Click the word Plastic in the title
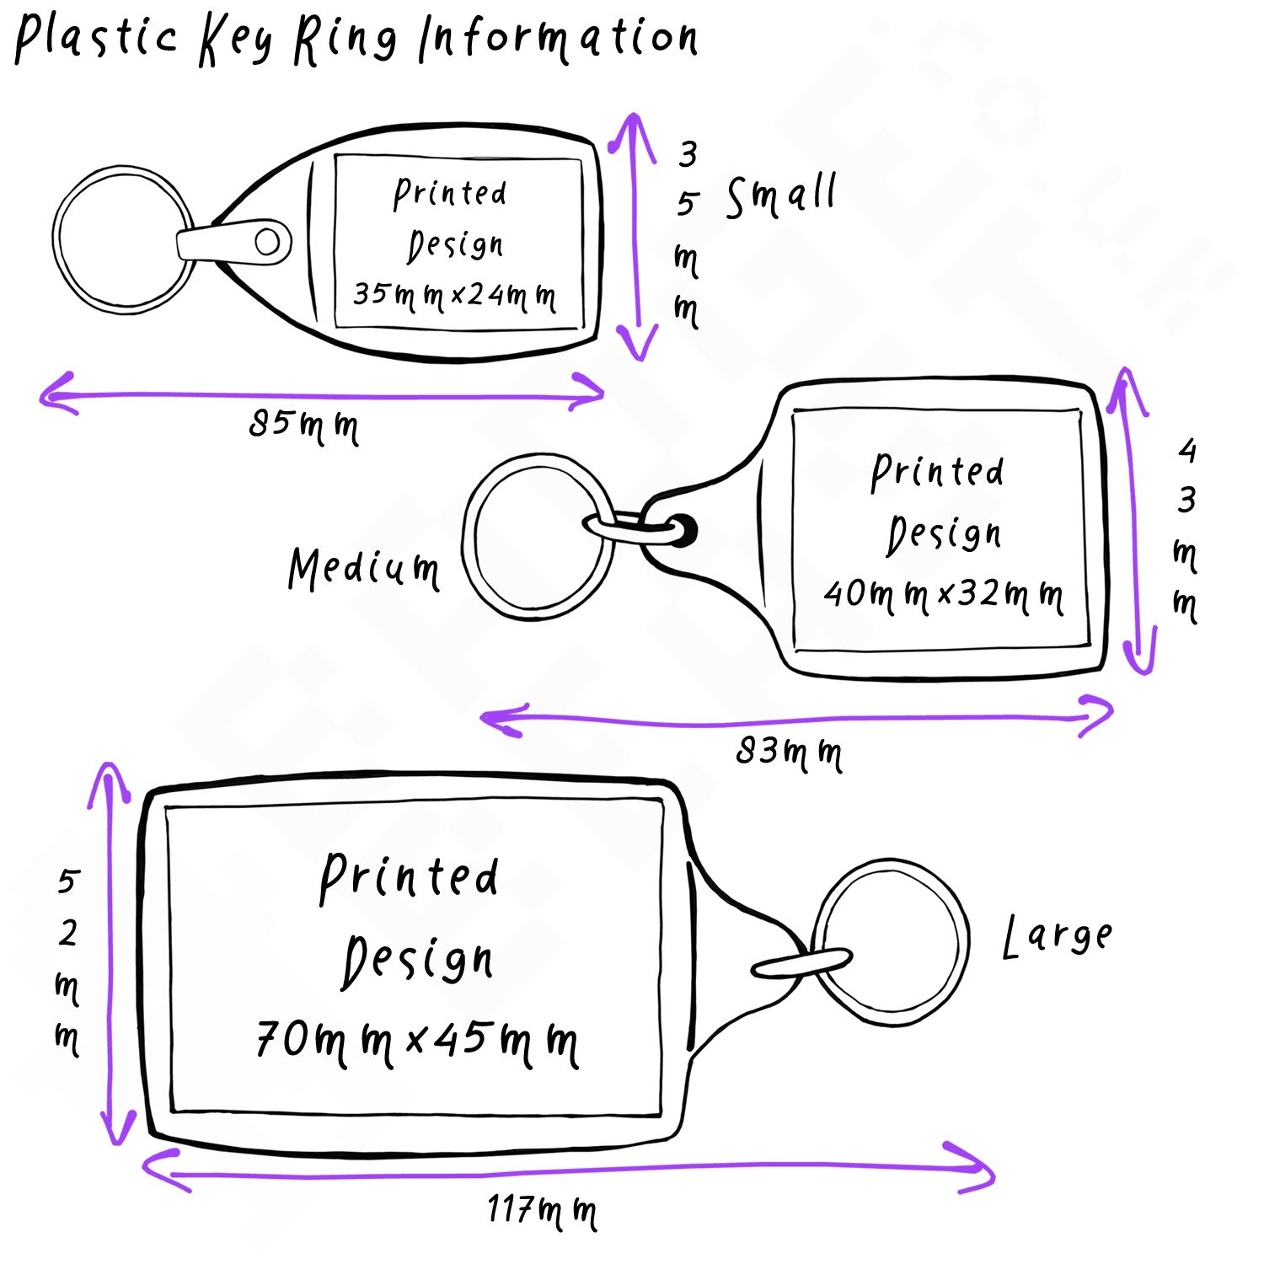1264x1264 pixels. (x=97, y=38)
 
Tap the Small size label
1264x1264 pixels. (x=781, y=195)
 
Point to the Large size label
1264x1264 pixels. (x=1058, y=937)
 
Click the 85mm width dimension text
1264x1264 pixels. (x=303, y=425)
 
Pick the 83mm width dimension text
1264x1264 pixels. (x=788, y=751)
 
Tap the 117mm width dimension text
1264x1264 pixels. (x=542, y=1211)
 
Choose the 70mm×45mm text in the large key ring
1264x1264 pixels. (x=417, y=1042)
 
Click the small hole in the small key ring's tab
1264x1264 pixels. (x=267, y=242)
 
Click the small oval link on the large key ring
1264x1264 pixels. (x=801, y=963)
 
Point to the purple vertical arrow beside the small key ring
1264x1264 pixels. (x=636, y=236)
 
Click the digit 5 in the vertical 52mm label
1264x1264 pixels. (x=67, y=881)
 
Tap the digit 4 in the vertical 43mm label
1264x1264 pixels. (x=1187, y=451)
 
